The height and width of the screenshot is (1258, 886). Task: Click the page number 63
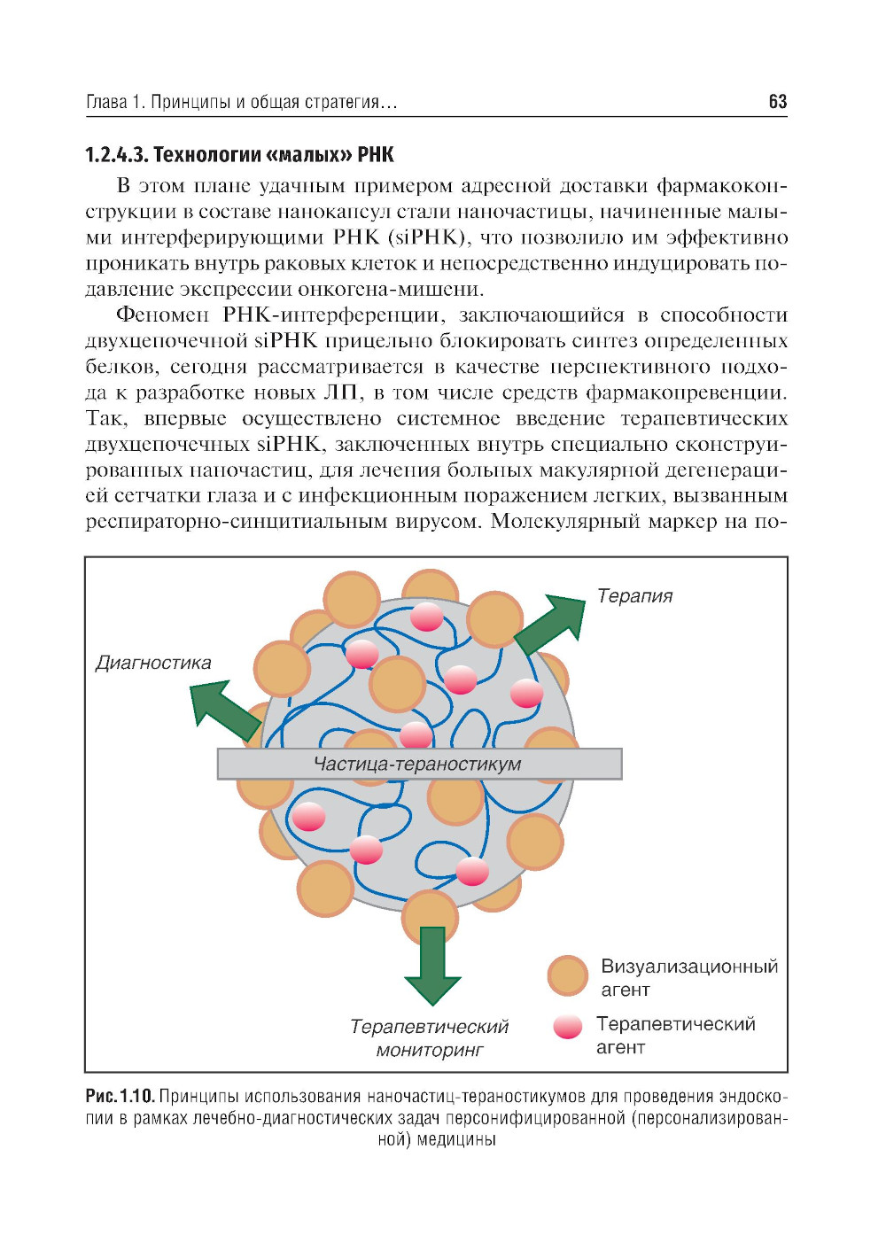pos(777,102)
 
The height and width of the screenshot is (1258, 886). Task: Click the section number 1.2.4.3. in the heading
pos(116,155)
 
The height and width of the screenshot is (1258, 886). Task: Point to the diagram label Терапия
pos(634,596)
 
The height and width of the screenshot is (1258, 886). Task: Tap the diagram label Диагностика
pos(153,663)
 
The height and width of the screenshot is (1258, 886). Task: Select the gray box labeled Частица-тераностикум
pos(419,764)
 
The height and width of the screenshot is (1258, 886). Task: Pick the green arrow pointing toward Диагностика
pos(221,710)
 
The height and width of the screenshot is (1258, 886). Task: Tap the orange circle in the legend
pos(568,976)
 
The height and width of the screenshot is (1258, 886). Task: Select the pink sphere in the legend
pos(568,1027)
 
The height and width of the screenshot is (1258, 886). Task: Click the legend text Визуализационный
pos(689,967)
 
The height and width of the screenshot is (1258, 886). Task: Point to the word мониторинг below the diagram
pos(430,1051)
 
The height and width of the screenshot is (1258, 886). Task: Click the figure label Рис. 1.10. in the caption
pos(120,1097)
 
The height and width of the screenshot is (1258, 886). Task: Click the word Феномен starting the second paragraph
pos(162,315)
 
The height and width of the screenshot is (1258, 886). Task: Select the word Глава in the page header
pos(106,102)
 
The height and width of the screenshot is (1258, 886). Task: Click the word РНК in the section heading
pos(376,155)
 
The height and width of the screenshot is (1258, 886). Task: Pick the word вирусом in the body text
pos(438,521)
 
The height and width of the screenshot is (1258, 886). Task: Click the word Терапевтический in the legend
pos(676,1024)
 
